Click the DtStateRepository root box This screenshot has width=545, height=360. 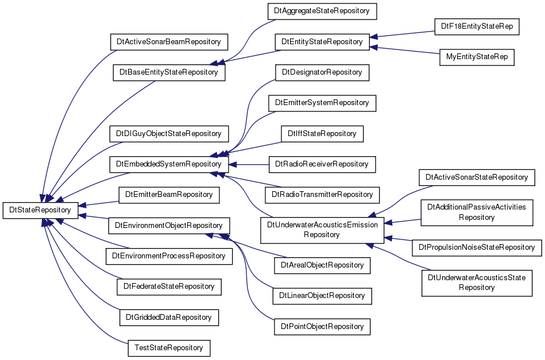[x=40, y=210]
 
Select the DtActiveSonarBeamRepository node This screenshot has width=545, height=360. [x=169, y=42]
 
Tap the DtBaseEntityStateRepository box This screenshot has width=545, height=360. [x=169, y=72]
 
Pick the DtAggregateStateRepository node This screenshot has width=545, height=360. [x=322, y=11]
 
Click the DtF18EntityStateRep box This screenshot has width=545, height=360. [x=477, y=26]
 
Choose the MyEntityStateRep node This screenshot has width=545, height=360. [x=477, y=57]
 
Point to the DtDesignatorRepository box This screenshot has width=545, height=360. [x=322, y=72]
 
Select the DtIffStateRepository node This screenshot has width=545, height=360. [x=322, y=134]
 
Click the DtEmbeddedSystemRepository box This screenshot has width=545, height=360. [x=169, y=164]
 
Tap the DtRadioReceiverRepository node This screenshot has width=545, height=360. [x=322, y=164]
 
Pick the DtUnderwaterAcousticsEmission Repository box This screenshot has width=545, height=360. [x=322, y=230]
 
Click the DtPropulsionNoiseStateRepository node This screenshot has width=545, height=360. [x=477, y=248]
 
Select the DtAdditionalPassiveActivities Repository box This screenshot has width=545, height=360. [x=477, y=212]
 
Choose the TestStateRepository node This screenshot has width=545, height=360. [x=169, y=348]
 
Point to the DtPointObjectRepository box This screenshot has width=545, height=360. [x=322, y=327]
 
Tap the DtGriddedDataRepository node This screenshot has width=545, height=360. [x=169, y=318]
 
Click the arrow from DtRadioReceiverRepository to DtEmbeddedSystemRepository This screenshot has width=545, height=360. [x=249, y=164]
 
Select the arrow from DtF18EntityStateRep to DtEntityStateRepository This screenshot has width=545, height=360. [x=402, y=34]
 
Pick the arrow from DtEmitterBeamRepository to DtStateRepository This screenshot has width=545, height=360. [x=99, y=204]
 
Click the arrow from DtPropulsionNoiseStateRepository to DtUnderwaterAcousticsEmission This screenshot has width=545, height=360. [x=399, y=239]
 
